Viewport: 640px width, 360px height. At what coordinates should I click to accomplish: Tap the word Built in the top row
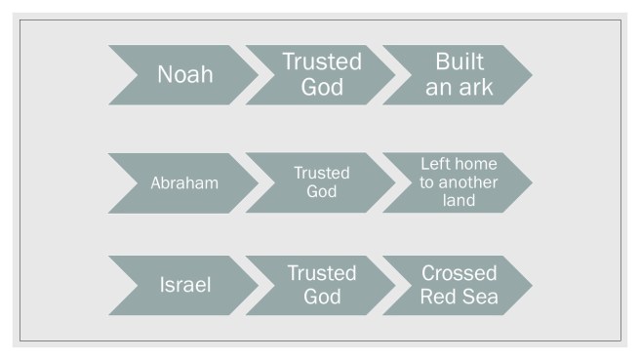click(459, 62)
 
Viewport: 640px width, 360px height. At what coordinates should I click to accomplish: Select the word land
click(458, 201)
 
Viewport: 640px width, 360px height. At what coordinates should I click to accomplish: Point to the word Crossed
click(459, 273)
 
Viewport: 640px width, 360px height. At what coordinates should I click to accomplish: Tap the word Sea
click(479, 297)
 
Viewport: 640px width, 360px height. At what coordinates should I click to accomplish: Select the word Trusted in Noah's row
click(321, 62)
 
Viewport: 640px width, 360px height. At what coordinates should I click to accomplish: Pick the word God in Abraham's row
click(321, 192)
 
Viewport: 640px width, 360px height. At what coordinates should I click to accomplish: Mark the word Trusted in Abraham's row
click(321, 173)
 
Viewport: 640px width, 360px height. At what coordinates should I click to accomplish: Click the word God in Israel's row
click(321, 297)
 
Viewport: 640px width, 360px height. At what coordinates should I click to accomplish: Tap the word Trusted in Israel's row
click(321, 273)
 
